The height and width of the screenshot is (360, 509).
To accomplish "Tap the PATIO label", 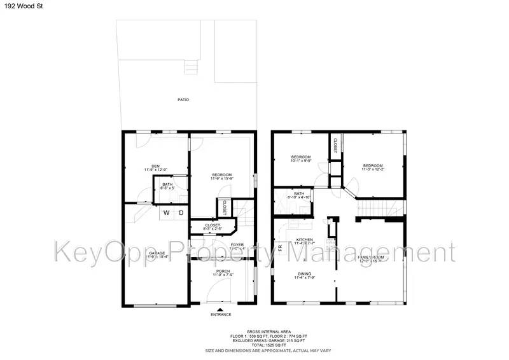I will tap(183, 100).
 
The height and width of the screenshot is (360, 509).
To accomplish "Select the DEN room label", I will tap(155, 166).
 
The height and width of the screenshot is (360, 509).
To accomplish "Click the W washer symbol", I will tap(167, 213).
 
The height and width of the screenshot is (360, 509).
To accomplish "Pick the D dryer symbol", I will tap(181, 213).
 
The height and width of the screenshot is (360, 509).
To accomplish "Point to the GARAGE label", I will tap(157, 253).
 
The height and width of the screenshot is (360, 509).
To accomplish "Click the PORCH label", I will tap(223, 271).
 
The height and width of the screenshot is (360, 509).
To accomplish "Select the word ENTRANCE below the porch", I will tap(221, 315).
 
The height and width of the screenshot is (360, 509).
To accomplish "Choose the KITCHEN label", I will tap(305, 240).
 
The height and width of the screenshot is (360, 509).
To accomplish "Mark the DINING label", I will tap(305, 274).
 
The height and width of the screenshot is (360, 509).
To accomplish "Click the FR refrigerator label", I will tap(279, 247).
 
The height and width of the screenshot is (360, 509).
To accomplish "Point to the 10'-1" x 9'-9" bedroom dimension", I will tap(301, 162).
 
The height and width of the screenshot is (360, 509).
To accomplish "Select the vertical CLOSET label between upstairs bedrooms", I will tap(335, 146).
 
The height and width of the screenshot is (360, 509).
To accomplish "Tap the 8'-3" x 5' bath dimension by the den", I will tap(167, 188).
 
